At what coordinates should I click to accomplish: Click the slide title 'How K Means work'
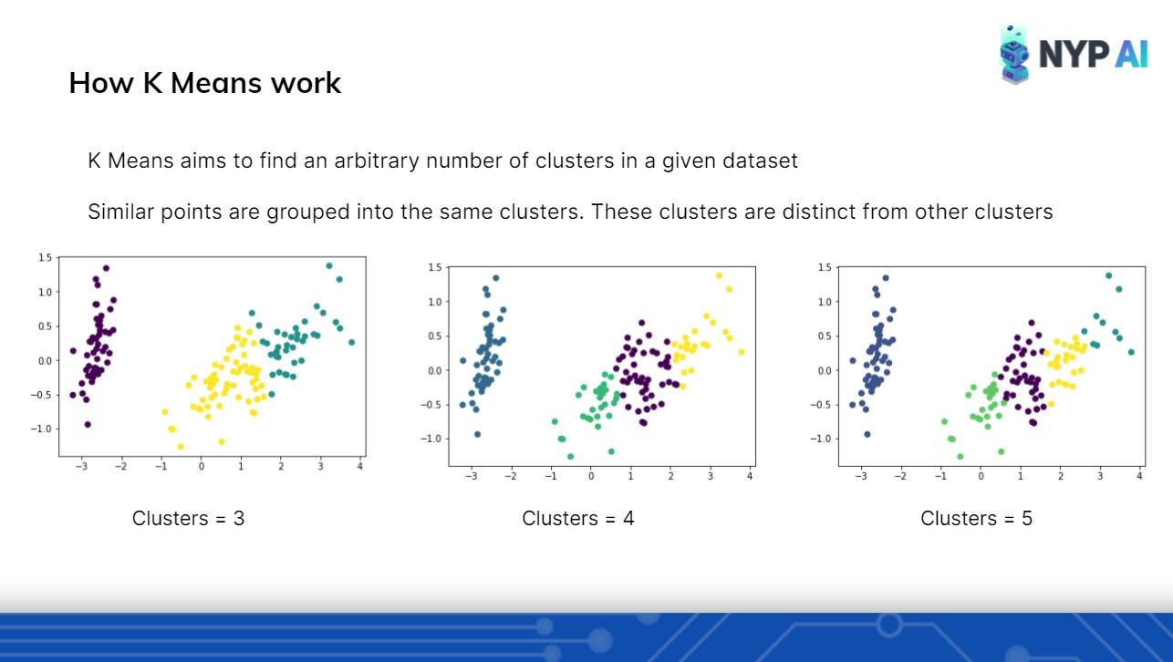204,83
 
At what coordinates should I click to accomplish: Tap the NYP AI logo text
1093,54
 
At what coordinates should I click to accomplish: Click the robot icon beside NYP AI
1014,55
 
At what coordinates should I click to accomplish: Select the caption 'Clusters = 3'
188,518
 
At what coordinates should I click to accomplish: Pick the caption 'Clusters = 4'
577,518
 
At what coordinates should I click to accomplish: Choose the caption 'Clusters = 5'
976,518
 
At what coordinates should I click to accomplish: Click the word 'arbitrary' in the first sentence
377,161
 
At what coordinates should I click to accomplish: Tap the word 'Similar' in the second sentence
121,212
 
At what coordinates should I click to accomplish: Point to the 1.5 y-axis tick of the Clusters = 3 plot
45,257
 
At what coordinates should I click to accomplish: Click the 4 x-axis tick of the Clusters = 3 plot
359,466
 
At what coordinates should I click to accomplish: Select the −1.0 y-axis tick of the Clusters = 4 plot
431,439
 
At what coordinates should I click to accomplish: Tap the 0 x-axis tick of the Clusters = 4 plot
591,476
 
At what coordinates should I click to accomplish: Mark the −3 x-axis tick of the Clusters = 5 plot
860,476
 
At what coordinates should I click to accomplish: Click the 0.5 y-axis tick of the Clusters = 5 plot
825,336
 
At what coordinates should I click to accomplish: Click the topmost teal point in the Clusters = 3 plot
329,266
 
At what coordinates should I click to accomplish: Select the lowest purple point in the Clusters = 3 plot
88,424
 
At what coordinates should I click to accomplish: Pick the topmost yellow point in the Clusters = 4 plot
719,275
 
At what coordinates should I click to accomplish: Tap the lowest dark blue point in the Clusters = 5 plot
867,434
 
